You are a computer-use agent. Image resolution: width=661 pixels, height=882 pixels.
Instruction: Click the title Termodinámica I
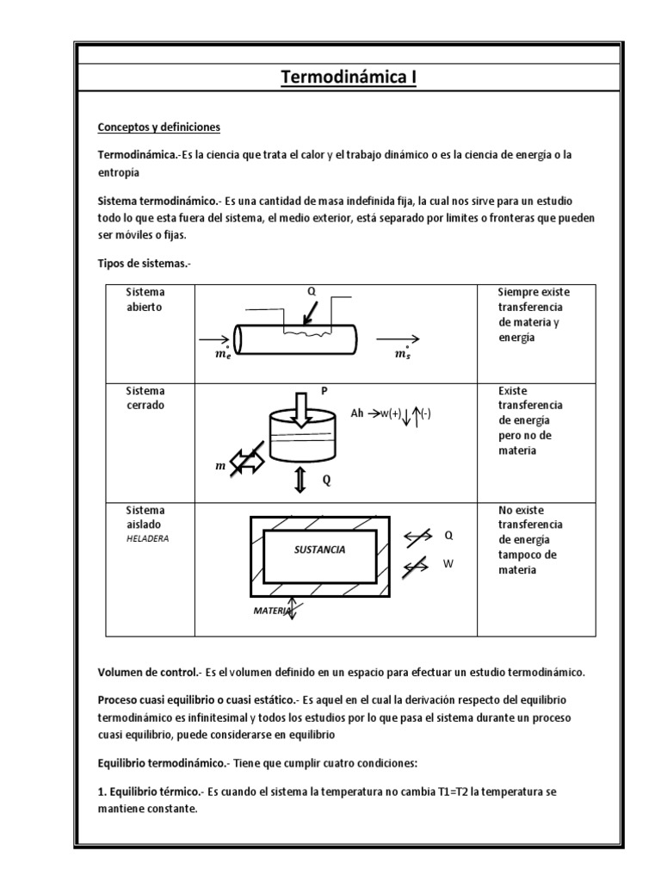click(x=349, y=78)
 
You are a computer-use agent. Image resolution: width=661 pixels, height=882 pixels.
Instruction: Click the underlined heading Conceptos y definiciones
click(x=159, y=127)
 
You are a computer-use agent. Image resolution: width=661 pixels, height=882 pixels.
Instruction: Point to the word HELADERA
click(x=148, y=538)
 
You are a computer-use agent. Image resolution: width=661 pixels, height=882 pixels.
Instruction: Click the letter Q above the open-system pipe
click(x=312, y=291)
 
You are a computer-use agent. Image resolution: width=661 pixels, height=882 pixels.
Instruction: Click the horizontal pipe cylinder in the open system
click(x=296, y=339)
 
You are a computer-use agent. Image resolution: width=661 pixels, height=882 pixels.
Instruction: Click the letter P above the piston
click(x=324, y=390)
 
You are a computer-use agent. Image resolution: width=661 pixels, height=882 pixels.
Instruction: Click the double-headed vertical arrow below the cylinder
click(x=300, y=481)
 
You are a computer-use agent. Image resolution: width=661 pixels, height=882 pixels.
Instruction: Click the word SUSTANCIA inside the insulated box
click(x=319, y=549)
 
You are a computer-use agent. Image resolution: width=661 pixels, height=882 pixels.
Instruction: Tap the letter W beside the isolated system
click(x=448, y=564)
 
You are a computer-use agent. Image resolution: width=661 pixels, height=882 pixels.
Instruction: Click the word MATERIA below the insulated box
click(x=270, y=610)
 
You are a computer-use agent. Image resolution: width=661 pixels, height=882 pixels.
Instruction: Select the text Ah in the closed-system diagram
click(x=357, y=413)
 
